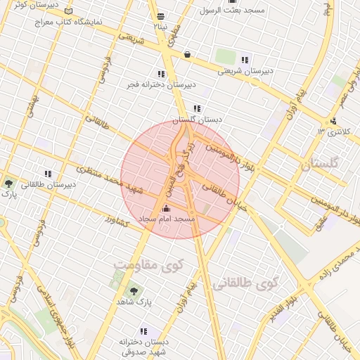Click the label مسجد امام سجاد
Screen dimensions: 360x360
tap(167, 219)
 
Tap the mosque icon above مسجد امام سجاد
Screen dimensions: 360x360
tap(166, 208)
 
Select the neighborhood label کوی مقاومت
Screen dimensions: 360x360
tap(148, 266)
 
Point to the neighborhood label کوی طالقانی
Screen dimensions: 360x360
tap(244, 283)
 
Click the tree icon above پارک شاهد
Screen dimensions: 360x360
tap(132, 290)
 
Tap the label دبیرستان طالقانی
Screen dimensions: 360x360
tap(48, 185)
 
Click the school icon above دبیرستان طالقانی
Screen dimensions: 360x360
tap(48, 174)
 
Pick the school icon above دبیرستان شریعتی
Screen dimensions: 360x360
tap(244, 60)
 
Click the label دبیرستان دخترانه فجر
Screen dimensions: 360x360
tap(161, 84)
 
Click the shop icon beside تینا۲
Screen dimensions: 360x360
tap(161, 15)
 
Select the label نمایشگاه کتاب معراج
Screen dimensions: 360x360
tap(71, 22)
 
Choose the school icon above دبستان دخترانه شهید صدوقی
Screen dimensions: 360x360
tap(143, 331)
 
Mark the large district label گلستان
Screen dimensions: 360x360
tap(320, 165)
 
